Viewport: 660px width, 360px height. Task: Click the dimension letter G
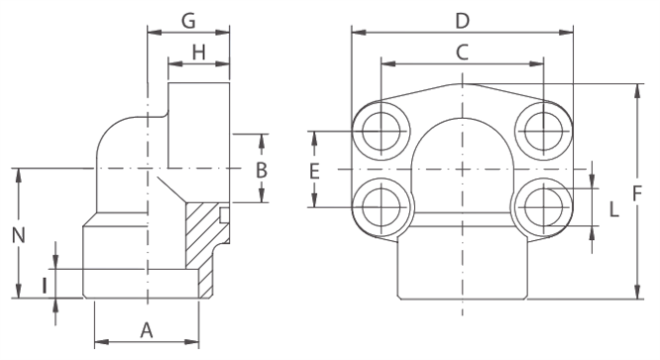click(x=188, y=21)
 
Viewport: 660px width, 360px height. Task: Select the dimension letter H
click(x=198, y=53)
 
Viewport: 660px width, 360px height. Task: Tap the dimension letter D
click(x=462, y=21)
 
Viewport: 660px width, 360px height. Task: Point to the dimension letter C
click(x=462, y=53)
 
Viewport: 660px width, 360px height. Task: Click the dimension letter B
click(x=262, y=171)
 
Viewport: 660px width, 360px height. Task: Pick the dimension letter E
click(x=314, y=172)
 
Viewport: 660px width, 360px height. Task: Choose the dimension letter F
click(x=637, y=194)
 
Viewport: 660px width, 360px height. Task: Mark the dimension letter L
click(x=614, y=209)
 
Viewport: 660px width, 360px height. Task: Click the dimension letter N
click(x=18, y=235)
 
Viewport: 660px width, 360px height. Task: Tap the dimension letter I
click(x=45, y=285)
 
